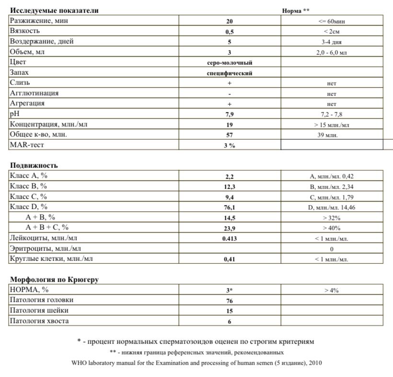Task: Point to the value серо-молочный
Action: [x=229, y=63]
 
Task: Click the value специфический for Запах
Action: [x=229, y=73]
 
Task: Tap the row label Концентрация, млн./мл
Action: [x=49, y=125]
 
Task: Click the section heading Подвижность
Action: [x=34, y=165]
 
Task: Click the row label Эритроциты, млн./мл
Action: [x=49, y=248]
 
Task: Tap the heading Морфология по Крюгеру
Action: [x=54, y=280]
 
